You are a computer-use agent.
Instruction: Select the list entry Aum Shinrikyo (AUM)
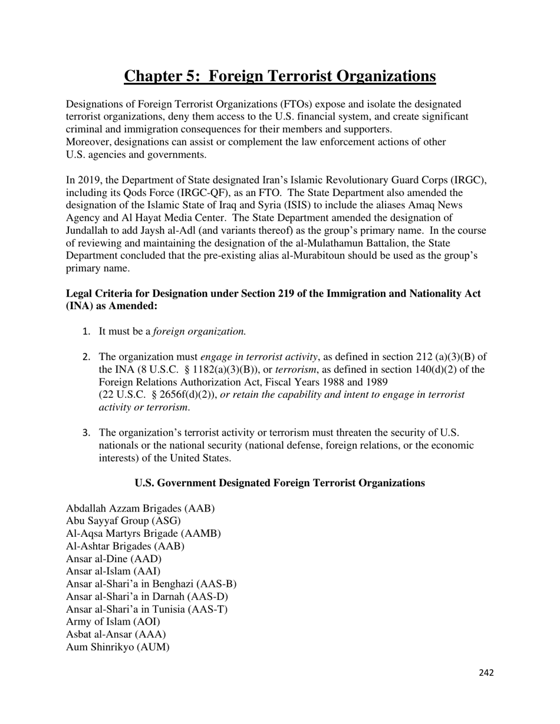tap(118, 647)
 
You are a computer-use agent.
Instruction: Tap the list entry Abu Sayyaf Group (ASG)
tap(123, 520)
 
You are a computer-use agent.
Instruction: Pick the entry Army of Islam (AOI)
tap(113, 622)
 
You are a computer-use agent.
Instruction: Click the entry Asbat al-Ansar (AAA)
tap(116, 634)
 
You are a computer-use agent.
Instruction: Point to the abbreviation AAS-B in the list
tap(218, 584)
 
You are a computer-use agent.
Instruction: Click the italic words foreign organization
tap(199, 331)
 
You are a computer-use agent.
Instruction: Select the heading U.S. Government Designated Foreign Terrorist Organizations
tap(279, 483)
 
